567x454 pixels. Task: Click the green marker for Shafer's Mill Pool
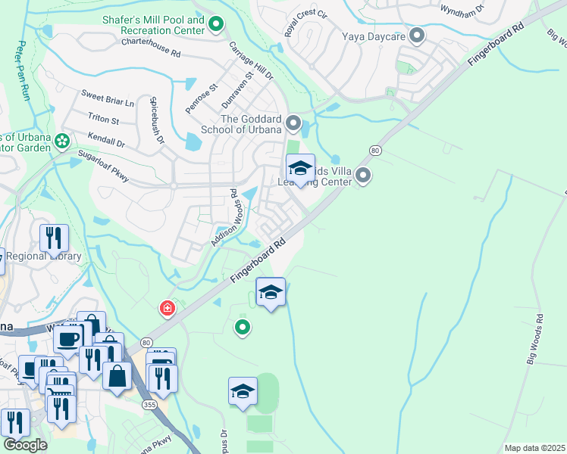coord(216,25)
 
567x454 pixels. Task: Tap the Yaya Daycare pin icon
coord(416,35)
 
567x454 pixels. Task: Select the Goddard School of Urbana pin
coord(293,123)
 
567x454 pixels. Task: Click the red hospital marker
coord(166,308)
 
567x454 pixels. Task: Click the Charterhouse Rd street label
coord(152,48)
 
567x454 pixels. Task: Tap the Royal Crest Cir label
coord(305,24)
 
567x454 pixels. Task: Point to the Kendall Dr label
coord(106,141)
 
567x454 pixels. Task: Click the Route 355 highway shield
coord(148,406)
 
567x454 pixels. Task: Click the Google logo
coord(25,445)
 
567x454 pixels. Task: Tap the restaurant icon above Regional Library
coord(54,237)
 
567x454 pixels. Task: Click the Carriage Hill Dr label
coord(251,61)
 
